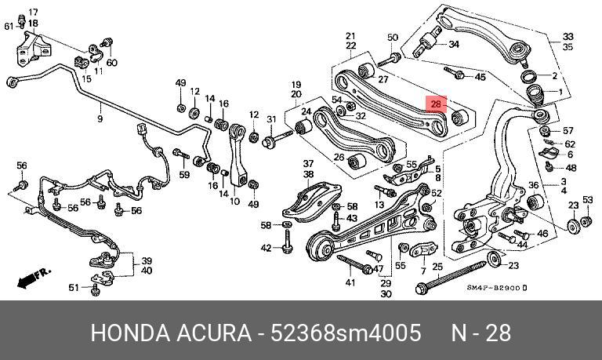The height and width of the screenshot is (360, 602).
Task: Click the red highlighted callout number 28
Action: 435,104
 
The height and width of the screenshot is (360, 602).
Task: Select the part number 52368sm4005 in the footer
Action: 346,333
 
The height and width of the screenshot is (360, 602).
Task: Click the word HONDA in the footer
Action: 130,333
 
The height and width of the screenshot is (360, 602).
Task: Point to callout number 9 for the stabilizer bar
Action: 100,118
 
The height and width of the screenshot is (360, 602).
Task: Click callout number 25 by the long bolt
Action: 437,267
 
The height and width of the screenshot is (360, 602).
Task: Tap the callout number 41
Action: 350,283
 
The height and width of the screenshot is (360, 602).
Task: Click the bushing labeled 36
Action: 535,202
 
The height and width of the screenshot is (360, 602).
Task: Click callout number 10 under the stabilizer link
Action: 234,201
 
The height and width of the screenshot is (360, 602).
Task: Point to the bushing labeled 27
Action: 366,71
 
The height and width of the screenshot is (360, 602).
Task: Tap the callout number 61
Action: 9,27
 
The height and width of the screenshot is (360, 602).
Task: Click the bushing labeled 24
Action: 303,126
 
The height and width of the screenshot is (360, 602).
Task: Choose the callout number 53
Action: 588,199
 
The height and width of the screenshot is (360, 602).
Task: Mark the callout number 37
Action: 308,164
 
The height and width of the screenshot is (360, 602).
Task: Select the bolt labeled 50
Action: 390,60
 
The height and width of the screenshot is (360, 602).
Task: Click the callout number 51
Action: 74,287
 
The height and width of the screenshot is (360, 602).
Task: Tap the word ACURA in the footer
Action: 214,333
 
